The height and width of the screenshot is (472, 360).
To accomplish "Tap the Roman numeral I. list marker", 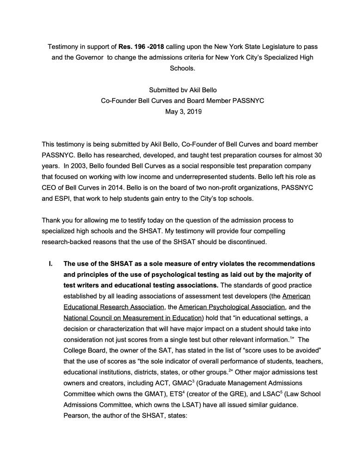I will point(51,264).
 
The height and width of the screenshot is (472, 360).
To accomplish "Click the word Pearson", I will point(77,415).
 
